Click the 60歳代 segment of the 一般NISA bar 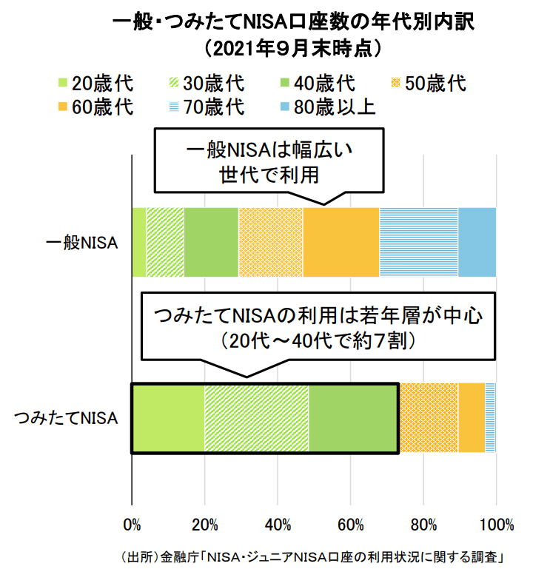click(341, 243)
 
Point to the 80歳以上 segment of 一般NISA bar click(477, 243)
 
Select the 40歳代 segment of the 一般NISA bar click(211, 243)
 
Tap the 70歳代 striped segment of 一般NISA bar click(419, 243)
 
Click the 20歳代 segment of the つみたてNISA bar click(168, 418)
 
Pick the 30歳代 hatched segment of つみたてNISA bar click(257, 418)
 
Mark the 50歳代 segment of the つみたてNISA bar click(429, 418)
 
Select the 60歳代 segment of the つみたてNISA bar click(472, 418)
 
